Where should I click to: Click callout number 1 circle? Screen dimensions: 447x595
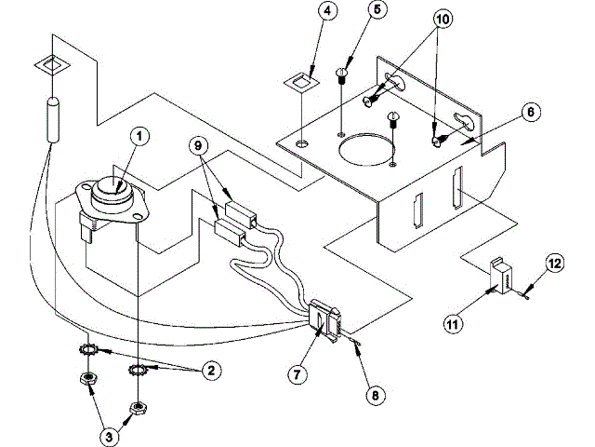click(x=139, y=138)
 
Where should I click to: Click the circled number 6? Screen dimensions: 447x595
click(x=528, y=112)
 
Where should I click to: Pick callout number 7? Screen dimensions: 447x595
click(x=296, y=374)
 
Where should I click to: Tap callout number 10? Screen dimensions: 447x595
click(x=442, y=17)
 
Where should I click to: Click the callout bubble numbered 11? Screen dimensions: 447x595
click(x=453, y=325)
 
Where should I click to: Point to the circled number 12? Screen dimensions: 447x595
click(x=554, y=264)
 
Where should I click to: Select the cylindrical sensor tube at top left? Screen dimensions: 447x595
click(x=51, y=119)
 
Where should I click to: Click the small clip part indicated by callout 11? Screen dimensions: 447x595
click(x=504, y=278)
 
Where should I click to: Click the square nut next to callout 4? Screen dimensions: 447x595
click(x=299, y=83)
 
